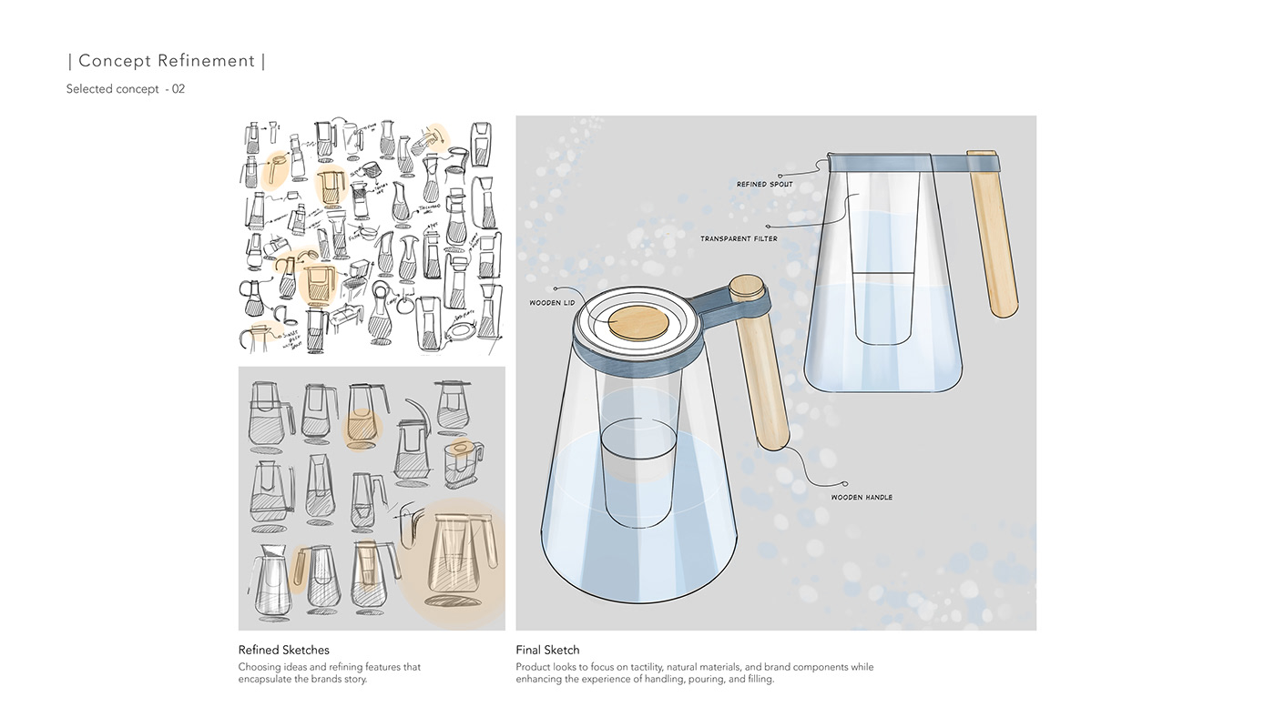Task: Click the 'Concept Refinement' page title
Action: [167, 61]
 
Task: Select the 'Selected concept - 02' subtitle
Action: [126, 89]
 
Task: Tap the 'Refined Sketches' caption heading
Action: [283, 650]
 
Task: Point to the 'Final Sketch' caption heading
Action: [547, 650]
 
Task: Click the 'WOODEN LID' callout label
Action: [552, 303]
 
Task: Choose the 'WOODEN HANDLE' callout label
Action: [862, 498]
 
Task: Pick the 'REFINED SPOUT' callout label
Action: [764, 185]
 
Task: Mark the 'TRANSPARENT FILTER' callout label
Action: [739, 239]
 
